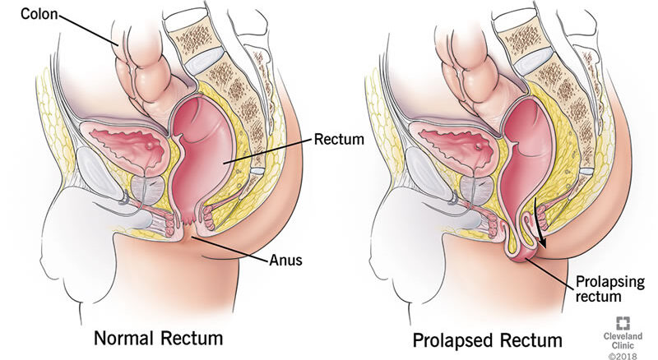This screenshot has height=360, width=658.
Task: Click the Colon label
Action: [x=39, y=14]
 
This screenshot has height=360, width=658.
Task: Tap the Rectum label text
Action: [x=339, y=139]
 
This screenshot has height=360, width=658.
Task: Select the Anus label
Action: [x=285, y=260]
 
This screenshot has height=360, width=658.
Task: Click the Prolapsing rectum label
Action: [x=609, y=288]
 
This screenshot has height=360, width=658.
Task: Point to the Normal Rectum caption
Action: [x=158, y=338]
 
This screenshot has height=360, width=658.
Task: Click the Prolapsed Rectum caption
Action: [x=487, y=339]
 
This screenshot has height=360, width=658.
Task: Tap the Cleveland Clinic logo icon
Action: [x=623, y=323]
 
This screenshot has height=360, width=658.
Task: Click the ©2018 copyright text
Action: [x=623, y=356]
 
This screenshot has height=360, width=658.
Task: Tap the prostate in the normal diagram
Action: [x=148, y=187]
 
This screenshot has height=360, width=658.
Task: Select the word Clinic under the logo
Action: [x=623, y=345]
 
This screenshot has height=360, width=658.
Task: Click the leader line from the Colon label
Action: [x=88, y=30]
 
